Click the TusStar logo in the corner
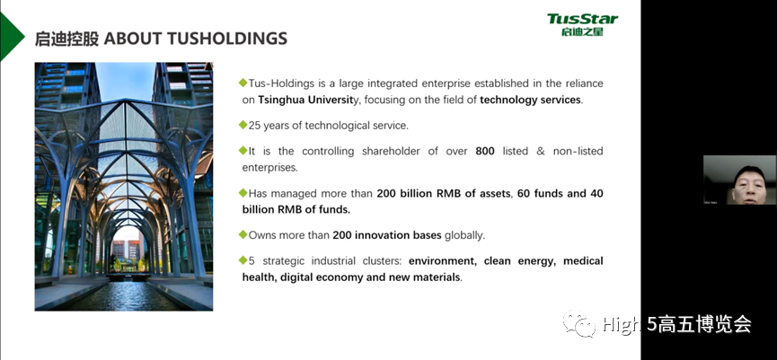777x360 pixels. click(x=582, y=25)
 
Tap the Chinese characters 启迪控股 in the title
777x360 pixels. click(x=66, y=39)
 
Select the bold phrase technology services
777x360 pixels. click(x=530, y=100)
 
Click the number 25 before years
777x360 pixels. click(x=254, y=126)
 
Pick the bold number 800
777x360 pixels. click(x=485, y=152)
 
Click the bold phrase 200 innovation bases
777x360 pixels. click(x=387, y=235)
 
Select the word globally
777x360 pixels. click(x=464, y=235)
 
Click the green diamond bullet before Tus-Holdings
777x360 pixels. click(x=243, y=83)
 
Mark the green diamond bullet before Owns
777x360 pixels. click(x=243, y=234)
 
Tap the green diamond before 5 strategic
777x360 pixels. click(x=243, y=260)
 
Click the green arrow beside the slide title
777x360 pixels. click(x=12, y=36)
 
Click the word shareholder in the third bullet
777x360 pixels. click(x=392, y=152)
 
